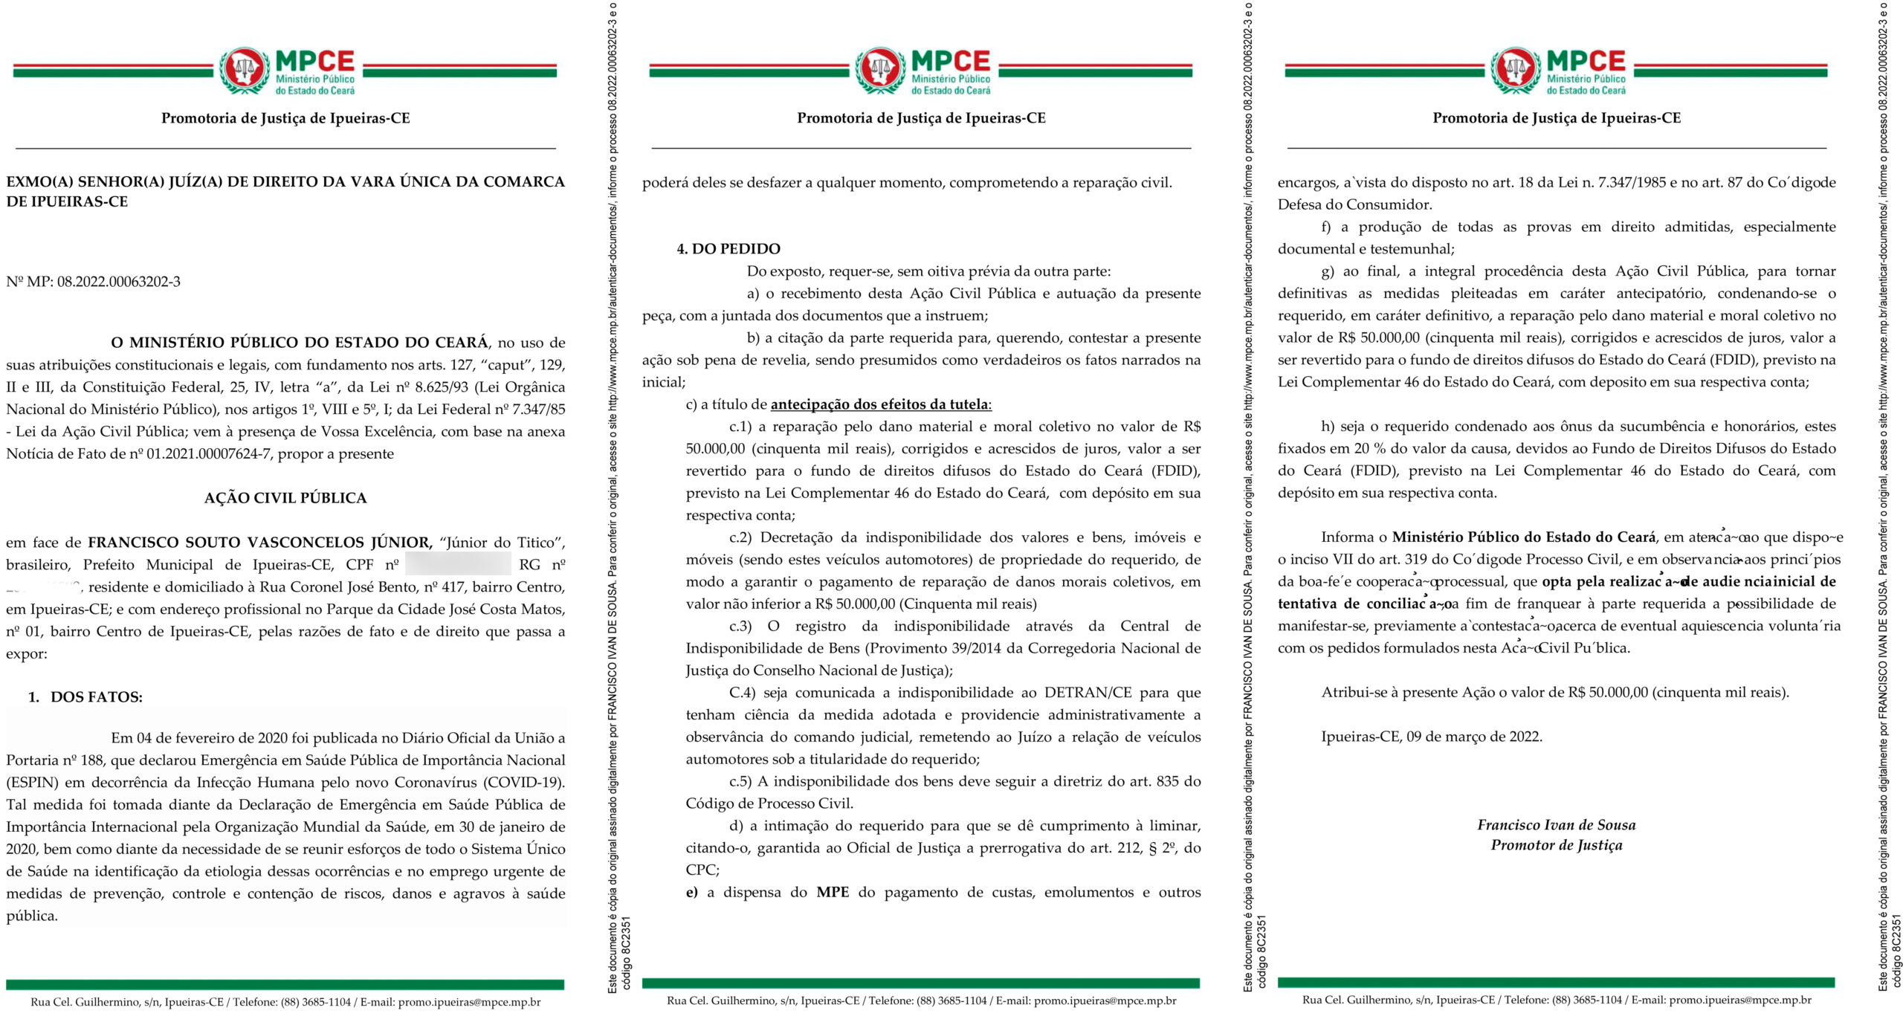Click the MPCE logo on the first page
(286, 71)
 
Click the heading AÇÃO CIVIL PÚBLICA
(285, 498)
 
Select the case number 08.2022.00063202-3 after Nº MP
(119, 282)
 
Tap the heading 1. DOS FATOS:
(86, 697)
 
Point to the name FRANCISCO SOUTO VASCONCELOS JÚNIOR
(259, 543)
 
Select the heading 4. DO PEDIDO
(728, 249)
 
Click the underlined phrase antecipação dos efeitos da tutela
(880, 404)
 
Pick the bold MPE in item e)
(833, 892)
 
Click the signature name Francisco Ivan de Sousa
(1557, 825)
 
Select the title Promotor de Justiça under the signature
(1557, 845)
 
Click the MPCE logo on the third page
(1557, 71)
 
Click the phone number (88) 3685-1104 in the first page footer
(315, 1002)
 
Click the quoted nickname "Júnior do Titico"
(502, 543)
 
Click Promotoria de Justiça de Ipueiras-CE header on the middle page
(921, 118)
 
